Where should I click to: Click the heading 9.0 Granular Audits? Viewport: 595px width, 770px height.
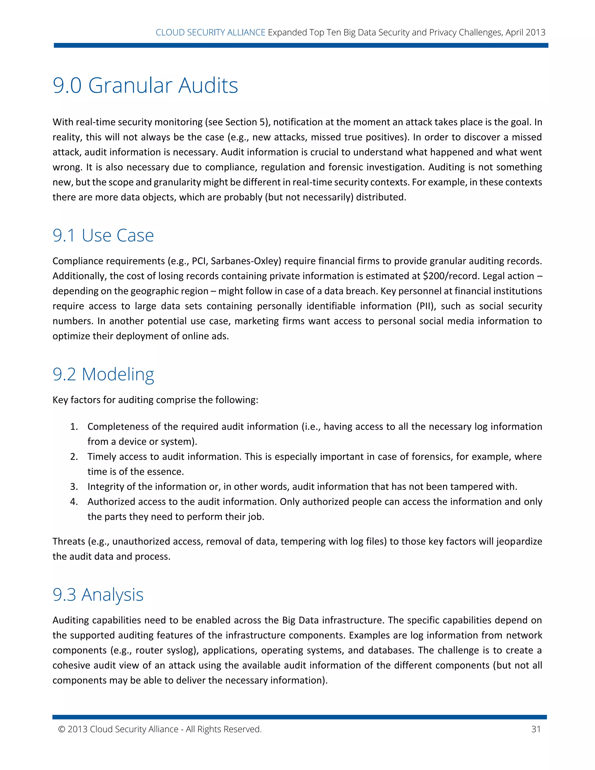[x=145, y=85]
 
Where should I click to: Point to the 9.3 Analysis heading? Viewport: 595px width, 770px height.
[x=98, y=594]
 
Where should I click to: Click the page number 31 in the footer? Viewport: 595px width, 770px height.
[x=536, y=729]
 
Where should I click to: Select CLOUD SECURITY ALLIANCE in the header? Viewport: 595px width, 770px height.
[x=210, y=33]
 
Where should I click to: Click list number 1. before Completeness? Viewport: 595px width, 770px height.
[x=74, y=427]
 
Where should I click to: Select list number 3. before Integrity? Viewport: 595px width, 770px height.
[x=74, y=486]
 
